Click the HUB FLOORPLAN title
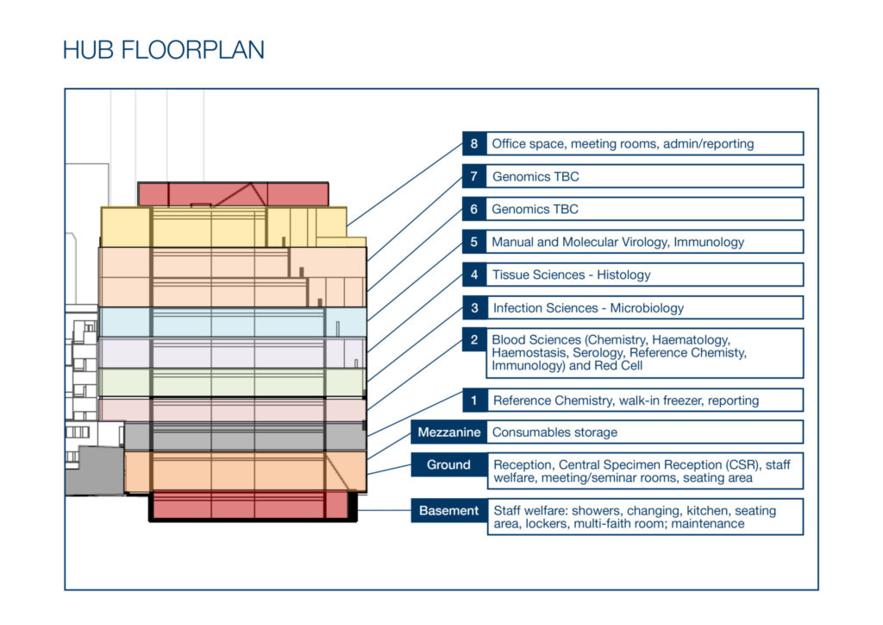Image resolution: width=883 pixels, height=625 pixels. (163, 49)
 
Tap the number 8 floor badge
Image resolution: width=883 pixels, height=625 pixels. (474, 143)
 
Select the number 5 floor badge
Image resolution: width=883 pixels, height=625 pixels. (474, 242)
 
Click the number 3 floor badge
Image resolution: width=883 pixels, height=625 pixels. (474, 307)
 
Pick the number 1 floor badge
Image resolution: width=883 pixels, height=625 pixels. (474, 401)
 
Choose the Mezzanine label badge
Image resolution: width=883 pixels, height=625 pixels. (448, 432)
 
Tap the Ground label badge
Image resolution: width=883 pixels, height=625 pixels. (448, 465)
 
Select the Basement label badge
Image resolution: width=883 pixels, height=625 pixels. (448, 510)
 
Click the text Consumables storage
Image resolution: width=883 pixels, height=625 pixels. (554, 432)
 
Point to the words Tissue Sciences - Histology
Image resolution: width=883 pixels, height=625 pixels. (571, 275)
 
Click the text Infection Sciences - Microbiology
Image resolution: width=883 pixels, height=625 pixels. (588, 308)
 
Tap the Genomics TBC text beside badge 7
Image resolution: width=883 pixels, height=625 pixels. (535, 177)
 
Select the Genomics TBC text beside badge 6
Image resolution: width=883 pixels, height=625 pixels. (535, 210)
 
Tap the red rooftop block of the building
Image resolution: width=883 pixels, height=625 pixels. (233, 194)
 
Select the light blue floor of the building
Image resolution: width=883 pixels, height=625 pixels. (233, 322)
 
